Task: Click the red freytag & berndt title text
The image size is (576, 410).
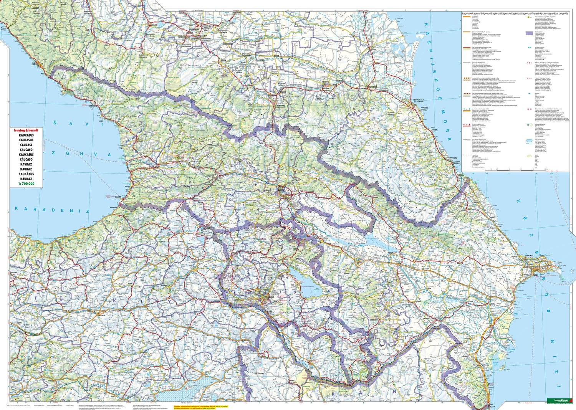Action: pyautogui.click(x=26, y=131)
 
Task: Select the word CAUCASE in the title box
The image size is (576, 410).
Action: pyautogui.click(x=26, y=145)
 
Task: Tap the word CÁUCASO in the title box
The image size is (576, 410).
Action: pyautogui.click(x=26, y=159)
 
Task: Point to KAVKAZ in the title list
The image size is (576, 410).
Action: pyautogui.click(x=26, y=164)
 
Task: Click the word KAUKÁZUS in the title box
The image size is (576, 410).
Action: pyautogui.click(x=26, y=174)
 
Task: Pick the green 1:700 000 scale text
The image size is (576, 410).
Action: pyautogui.click(x=26, y=184)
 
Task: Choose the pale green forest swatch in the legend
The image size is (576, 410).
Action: pyautogui.click(x=530, y=156)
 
